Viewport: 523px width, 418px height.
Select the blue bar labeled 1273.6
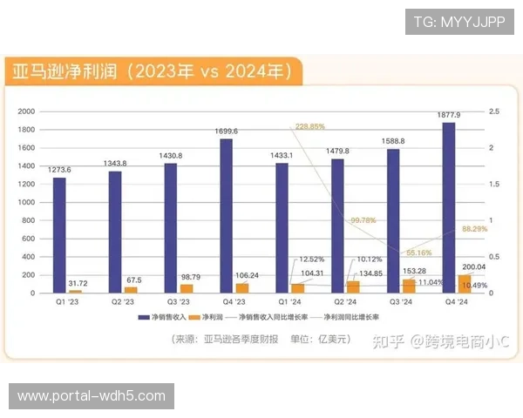(x=59, y=235)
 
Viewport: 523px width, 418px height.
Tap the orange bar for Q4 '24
(x=464, y=284)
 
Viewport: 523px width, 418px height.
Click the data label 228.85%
(x=310, y=126)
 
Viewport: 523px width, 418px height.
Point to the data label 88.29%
(x=474, y=229)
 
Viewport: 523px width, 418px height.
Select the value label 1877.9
(x=449, y=115)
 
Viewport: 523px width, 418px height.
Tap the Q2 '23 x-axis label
(x=122, y=302)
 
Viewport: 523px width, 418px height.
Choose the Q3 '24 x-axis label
(x=401, y=302)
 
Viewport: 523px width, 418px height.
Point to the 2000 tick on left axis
(x=26, y=111)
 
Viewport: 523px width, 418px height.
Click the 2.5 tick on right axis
(x=493, y=111)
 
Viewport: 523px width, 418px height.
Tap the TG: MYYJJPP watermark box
(x=459, y=21)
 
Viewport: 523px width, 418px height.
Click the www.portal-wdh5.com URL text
(x=91, y=396)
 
